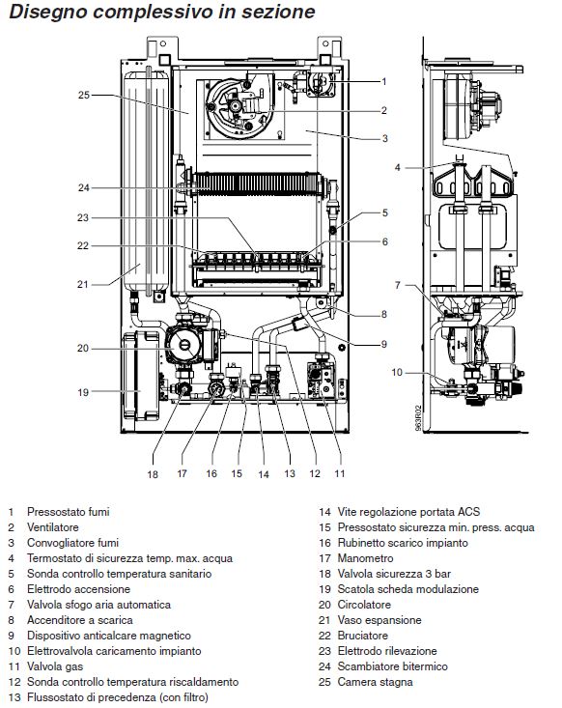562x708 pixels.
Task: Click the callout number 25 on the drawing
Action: coord(84,96)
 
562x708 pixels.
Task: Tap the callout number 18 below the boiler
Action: coord(153,474)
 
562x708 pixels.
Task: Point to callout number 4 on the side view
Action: coord(397,167)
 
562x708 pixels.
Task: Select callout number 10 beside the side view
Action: coord(396,373)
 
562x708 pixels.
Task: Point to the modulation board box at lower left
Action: coord(141,376)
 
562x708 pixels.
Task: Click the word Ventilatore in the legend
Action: coord(53,527)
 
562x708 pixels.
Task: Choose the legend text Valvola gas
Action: coord(55,666)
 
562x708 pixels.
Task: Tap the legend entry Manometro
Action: coord(365,558)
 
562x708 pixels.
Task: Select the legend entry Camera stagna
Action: coord(375,682)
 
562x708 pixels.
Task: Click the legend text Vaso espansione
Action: coord(379,620)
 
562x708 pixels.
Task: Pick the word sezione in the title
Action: coord(278,12)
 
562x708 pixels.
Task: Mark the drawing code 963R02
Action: coord(418,417)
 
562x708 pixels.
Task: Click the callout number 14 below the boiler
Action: coord(264,474)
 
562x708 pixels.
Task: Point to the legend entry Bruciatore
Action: coord(362,636)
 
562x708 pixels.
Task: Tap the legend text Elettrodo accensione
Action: coord(78,589)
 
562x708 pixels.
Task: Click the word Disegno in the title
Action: coord(47,13)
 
